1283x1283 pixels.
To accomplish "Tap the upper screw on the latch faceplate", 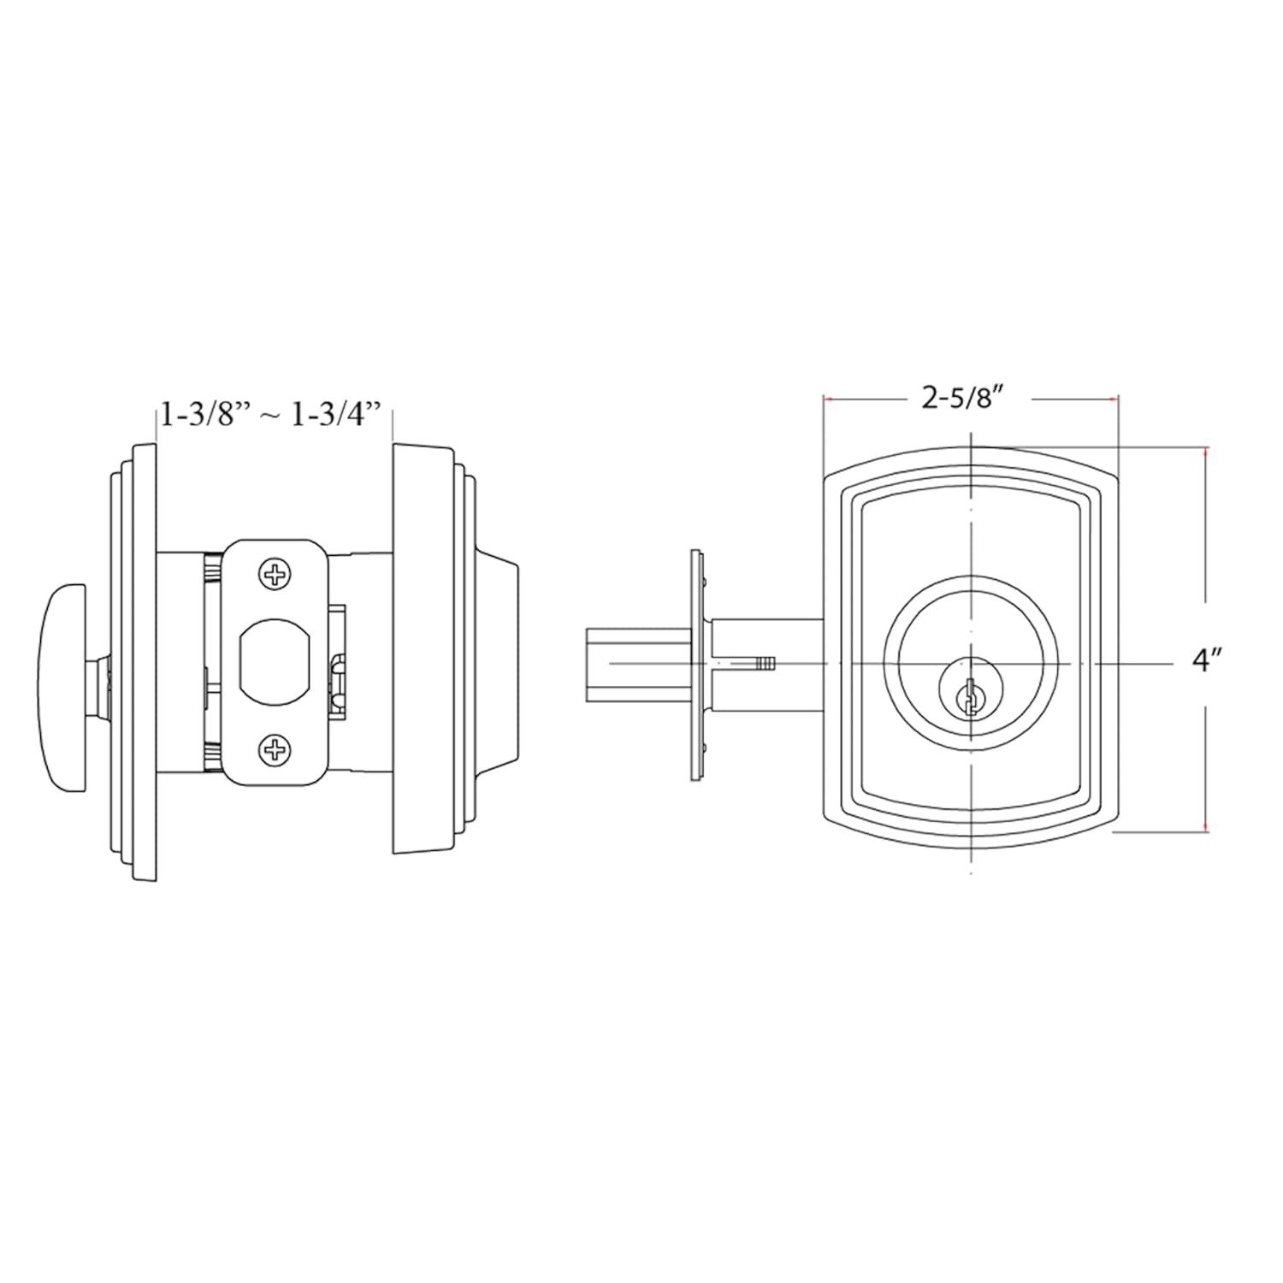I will [x=275, y=575].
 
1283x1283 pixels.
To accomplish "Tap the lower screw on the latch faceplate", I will [x=275, y=751].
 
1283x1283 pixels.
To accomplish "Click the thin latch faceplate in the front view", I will [x=697, y=665].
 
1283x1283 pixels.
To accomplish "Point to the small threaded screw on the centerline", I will [x=766, y=663].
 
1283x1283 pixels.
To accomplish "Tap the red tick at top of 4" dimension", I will [x=1206, y=448].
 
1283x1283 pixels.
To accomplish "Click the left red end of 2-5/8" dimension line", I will [x=826, y=399].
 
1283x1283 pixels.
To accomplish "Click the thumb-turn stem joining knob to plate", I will [x=102, y=676].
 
